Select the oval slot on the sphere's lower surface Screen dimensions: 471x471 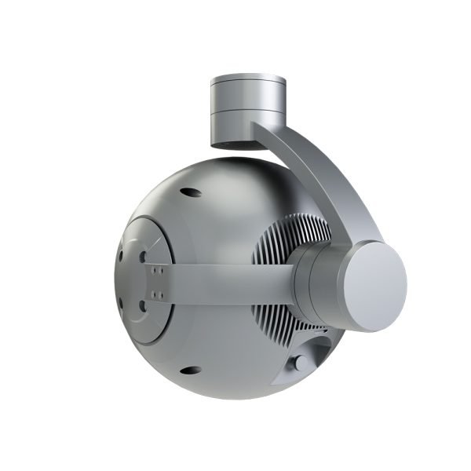coord(189,369)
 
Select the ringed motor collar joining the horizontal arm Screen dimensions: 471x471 coord(314,281)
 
